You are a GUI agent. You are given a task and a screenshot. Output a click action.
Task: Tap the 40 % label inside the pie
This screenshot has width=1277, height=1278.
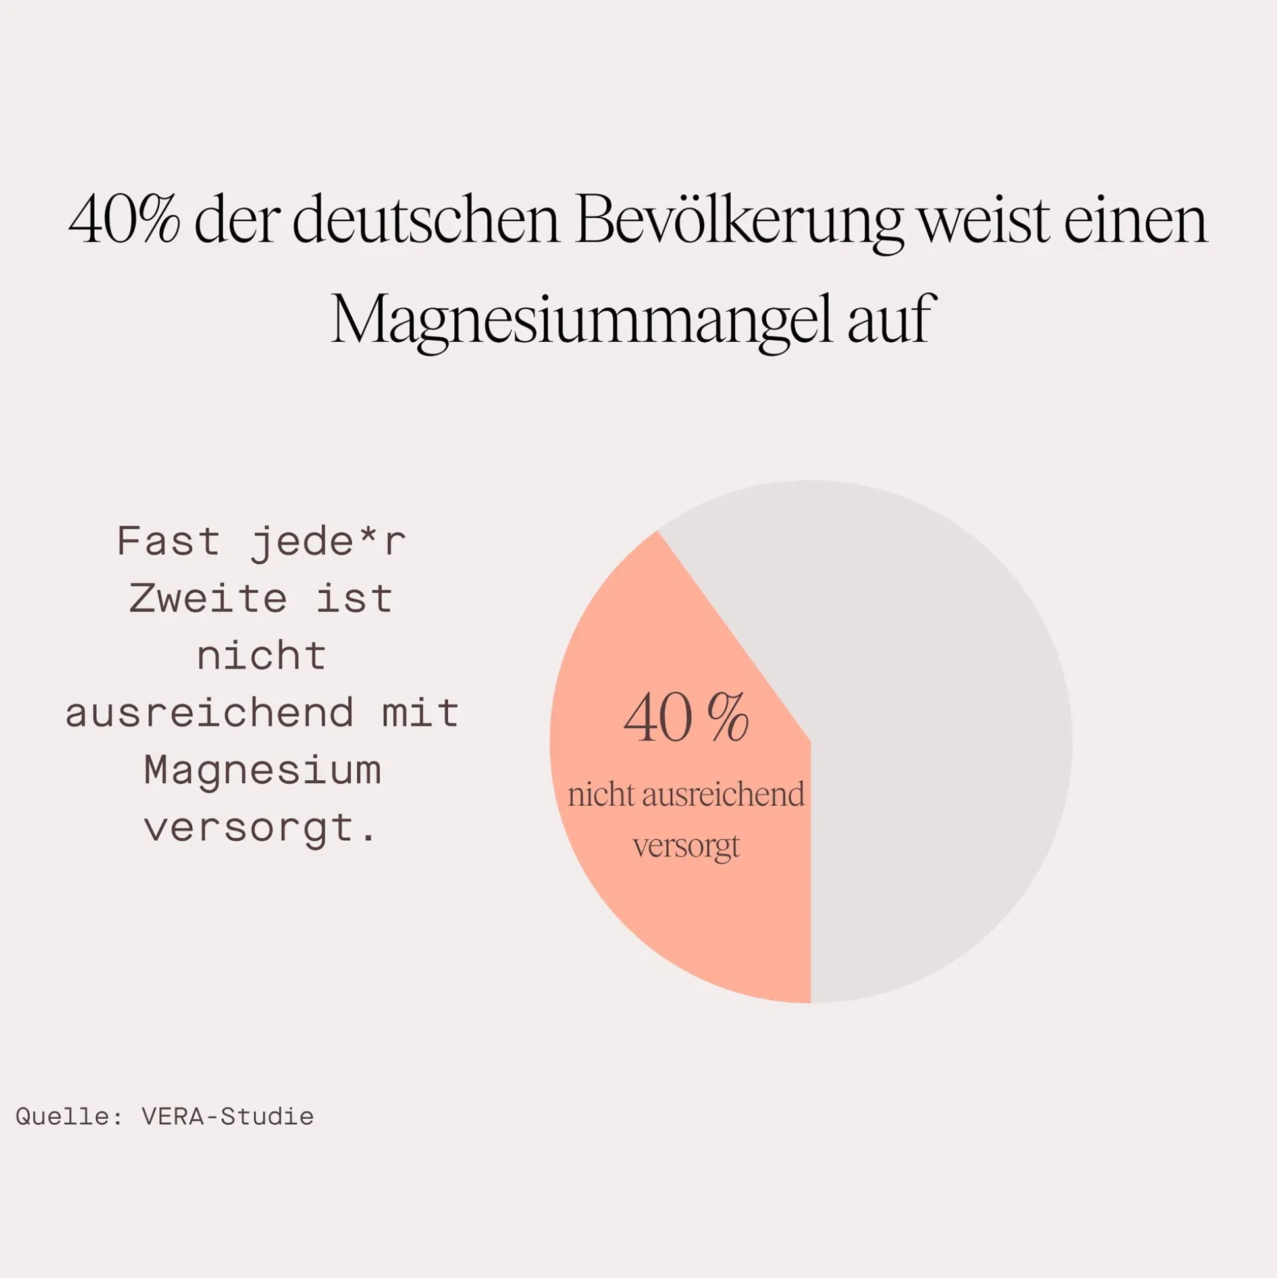coord(686,719)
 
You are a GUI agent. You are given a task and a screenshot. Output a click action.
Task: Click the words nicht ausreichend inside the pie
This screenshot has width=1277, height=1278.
coord(686,795)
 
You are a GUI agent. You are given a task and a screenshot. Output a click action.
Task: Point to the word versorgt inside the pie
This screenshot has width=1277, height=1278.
coord(686,846)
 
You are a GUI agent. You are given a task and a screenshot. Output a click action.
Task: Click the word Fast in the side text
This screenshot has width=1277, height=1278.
coord(168,542)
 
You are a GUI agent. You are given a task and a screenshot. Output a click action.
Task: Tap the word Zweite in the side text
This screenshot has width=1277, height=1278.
coord(208,599)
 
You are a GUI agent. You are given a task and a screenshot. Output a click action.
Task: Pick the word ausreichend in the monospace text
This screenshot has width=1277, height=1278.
coord(209,713)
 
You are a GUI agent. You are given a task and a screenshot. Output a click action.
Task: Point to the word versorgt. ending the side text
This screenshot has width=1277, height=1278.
coord(261,828)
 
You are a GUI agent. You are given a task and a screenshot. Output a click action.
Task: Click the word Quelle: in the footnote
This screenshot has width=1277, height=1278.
coord(68,1117)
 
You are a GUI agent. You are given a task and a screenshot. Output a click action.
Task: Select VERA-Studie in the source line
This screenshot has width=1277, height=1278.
coord(228,1117)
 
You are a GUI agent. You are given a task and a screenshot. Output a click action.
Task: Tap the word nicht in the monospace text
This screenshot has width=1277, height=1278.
coord(262,656)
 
